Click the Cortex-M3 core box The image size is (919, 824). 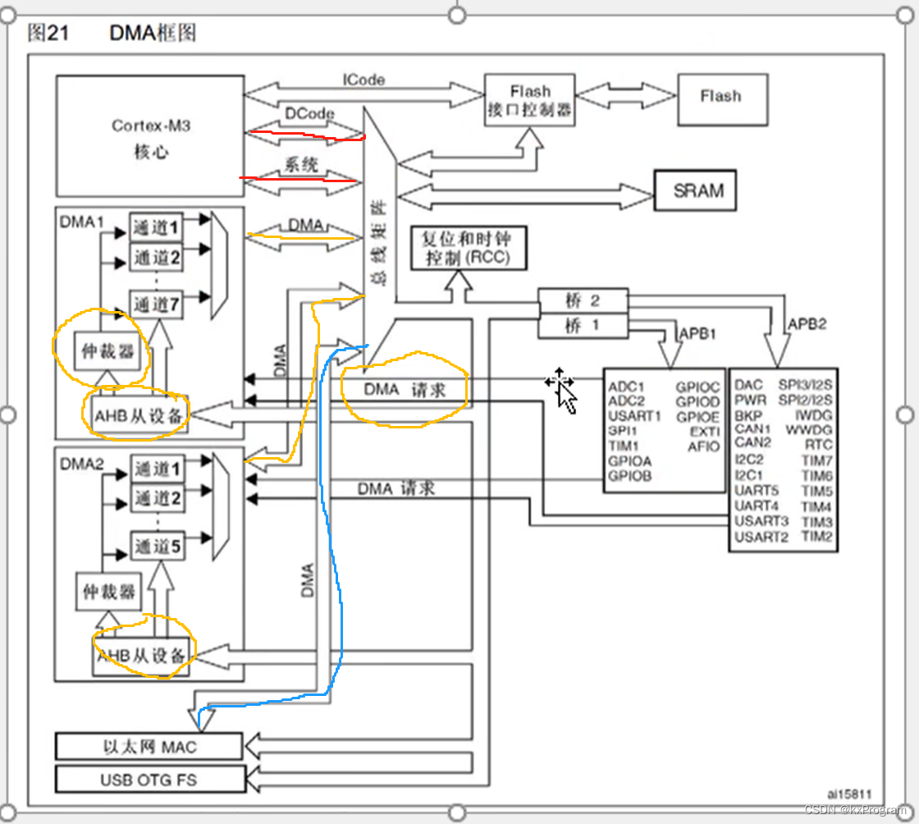coord(150,136)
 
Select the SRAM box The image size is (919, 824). coord(698,190)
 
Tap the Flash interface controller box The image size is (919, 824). coord(529,100)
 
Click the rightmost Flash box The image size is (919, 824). coord(720,97)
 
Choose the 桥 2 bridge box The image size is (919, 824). coord(583,300)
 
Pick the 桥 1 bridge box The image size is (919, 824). coord(583,325)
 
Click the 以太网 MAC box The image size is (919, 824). coord(149,747)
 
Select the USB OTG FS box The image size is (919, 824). coord(149,779)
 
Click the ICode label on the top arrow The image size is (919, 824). coord(363,80)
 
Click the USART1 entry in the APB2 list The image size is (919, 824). coord(633,415)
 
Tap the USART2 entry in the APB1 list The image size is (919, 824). coord(761,537)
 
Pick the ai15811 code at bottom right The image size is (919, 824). coord(848,794)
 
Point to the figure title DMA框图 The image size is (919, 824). coord(153,33)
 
